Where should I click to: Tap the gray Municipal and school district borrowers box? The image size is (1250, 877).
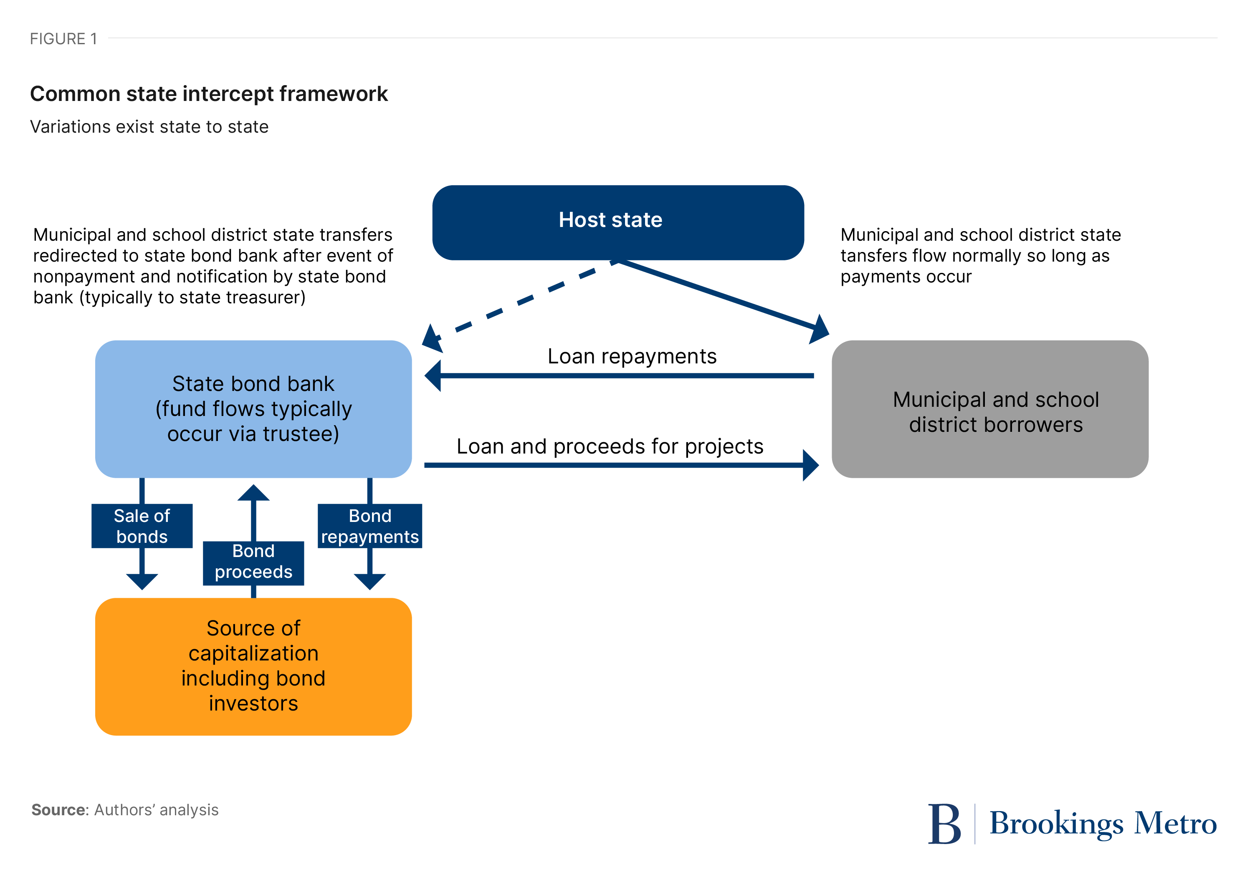(990, 409)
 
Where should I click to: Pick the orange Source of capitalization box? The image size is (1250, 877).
(253, 666)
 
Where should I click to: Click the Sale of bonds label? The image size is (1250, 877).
(142, 526)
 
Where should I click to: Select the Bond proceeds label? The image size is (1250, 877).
(253, 562)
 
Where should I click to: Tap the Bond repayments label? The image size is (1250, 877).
(369, 526)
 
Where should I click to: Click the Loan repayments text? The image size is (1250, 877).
(632, 356)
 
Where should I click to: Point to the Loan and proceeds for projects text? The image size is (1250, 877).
(610, 446)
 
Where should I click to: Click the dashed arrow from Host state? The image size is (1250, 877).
(517, 301)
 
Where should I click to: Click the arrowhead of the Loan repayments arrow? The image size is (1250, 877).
(433, 375)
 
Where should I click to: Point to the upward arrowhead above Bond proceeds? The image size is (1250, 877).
(253, 493)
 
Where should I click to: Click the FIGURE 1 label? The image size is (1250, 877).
(63, 39)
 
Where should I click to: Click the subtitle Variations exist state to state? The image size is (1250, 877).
(149, 127)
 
